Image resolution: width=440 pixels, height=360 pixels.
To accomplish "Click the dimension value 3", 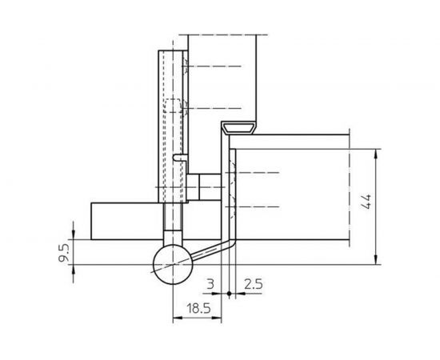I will click(x=210, y=283).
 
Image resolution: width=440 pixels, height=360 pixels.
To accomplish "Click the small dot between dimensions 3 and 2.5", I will click(x=230, y=294).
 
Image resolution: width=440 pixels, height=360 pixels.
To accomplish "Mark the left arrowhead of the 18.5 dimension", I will click(x=175, y=318).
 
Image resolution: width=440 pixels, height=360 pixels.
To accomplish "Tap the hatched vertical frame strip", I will click(x=230, y=192).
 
